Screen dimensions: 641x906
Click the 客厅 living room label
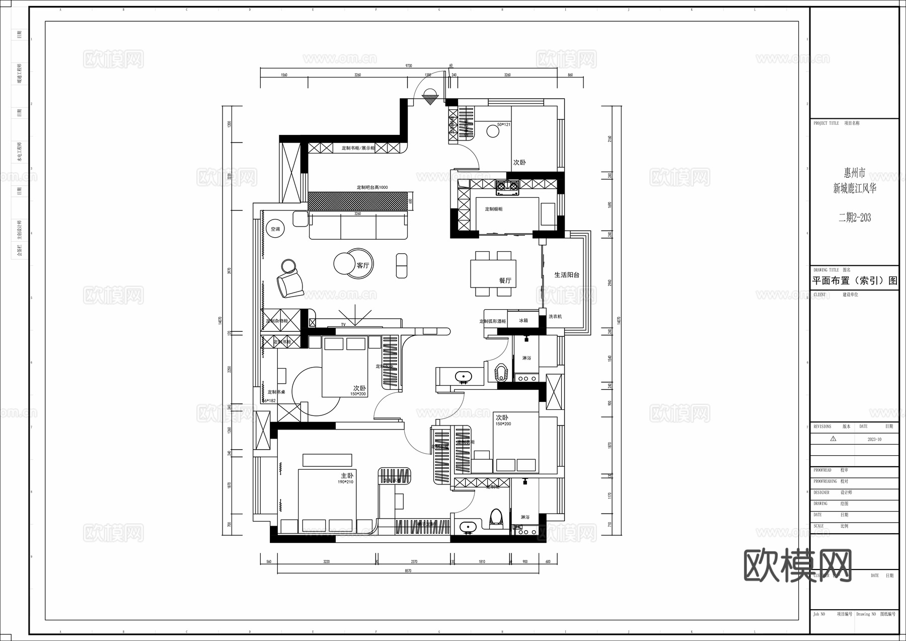coord(363,265)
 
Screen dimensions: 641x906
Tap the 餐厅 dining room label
coord(505,280)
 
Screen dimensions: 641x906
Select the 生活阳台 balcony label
coord(567,275)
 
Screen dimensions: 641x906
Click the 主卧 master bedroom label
coord(347,475)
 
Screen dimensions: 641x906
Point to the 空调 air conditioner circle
coord(275,229)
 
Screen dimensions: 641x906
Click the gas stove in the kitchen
coord(507,188)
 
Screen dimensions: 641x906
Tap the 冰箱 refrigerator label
coord(523,320)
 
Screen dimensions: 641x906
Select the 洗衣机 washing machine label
coord(555,317)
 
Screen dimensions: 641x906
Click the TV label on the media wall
coord(343,325)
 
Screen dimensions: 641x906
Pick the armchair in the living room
coord(290,285)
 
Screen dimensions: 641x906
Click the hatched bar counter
coord(358,201)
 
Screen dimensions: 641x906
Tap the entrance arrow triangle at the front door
coord(430,100)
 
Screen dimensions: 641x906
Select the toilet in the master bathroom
coord(496,517)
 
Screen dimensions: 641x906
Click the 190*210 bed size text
coord(345,482)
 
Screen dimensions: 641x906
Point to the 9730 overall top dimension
coord(409,65)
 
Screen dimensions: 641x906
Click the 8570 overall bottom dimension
coord(408,571)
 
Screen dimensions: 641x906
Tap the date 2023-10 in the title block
coord(874,439)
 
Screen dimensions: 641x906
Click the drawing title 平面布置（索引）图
coord(855,281)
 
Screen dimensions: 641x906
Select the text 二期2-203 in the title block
coord(854,218)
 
